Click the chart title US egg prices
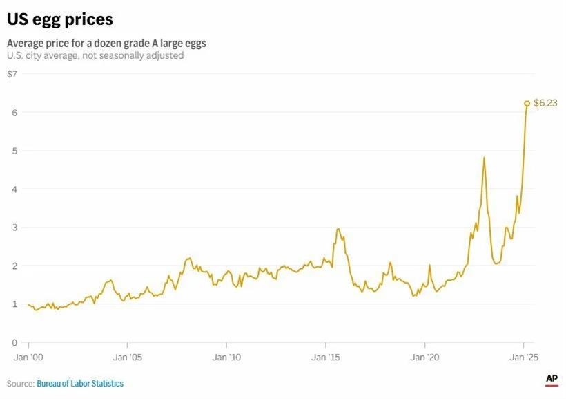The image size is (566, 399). point(60,19)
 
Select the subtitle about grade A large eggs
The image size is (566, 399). point(106,43)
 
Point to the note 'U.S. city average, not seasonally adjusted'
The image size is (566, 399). point(95,55)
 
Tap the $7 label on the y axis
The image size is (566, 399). point(12,74)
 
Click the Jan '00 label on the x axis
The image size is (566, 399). point(28,358)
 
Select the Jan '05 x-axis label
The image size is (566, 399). point(128,358)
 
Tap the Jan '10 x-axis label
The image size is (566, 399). point(226,358)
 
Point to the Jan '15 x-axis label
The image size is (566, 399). point(325,358)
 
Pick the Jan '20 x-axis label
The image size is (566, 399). point(424,358)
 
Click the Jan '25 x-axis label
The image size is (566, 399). point(523,358)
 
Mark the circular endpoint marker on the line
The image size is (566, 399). point(527,103)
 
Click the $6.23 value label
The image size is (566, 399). point(545,103)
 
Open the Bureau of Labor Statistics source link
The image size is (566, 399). point(80,383)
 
